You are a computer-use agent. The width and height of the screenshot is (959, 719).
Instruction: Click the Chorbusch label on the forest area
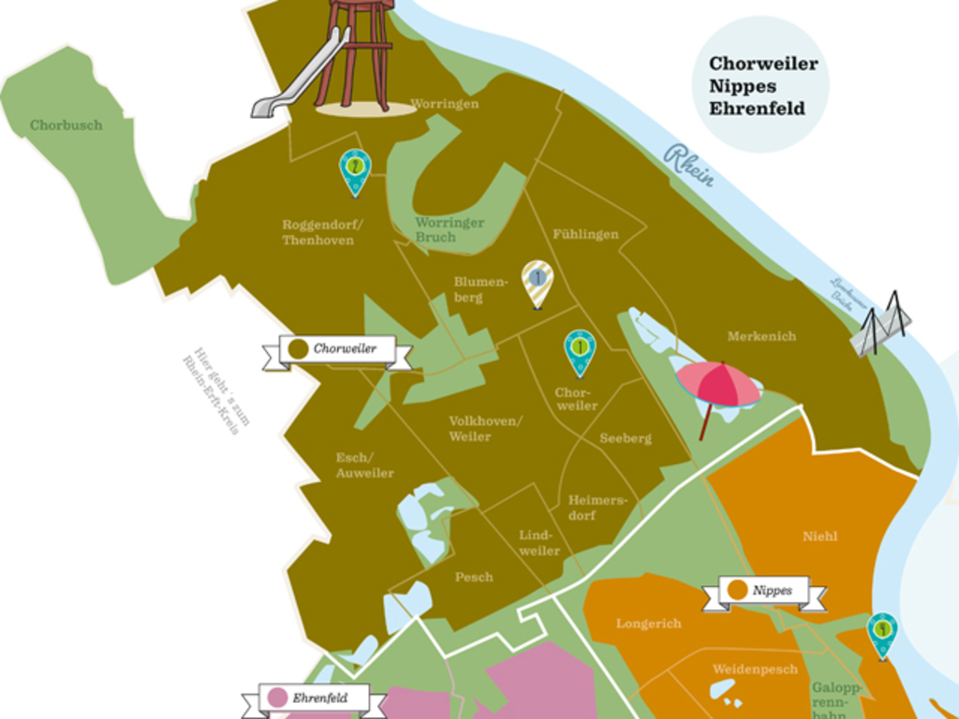(66, 125)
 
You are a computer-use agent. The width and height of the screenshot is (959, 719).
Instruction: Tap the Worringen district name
(445, 104)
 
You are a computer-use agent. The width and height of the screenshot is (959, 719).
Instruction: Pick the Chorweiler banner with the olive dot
(337, 349)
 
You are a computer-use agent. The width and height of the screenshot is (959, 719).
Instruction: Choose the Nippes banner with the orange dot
(764, 591)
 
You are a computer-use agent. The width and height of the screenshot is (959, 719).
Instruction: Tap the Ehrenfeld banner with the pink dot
(313, 698)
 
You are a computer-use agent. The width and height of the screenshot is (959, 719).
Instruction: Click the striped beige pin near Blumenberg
(538, 281)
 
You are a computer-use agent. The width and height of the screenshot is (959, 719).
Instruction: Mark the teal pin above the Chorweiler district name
(580, 350)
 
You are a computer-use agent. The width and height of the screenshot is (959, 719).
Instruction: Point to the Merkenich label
(761, 336)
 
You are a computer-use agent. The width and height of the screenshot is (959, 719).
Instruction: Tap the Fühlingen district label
(585, 234)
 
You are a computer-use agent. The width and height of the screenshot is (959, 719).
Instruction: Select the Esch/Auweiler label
(364, 465)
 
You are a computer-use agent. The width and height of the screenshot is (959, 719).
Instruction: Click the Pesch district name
(474, 578)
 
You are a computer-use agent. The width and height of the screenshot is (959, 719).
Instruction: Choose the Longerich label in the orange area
(648, 624)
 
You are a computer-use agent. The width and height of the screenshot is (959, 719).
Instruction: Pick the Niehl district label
(819, 536)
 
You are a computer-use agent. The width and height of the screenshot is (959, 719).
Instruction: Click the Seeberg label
(626, 438)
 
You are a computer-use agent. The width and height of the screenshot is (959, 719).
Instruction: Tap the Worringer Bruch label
(450, 229)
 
